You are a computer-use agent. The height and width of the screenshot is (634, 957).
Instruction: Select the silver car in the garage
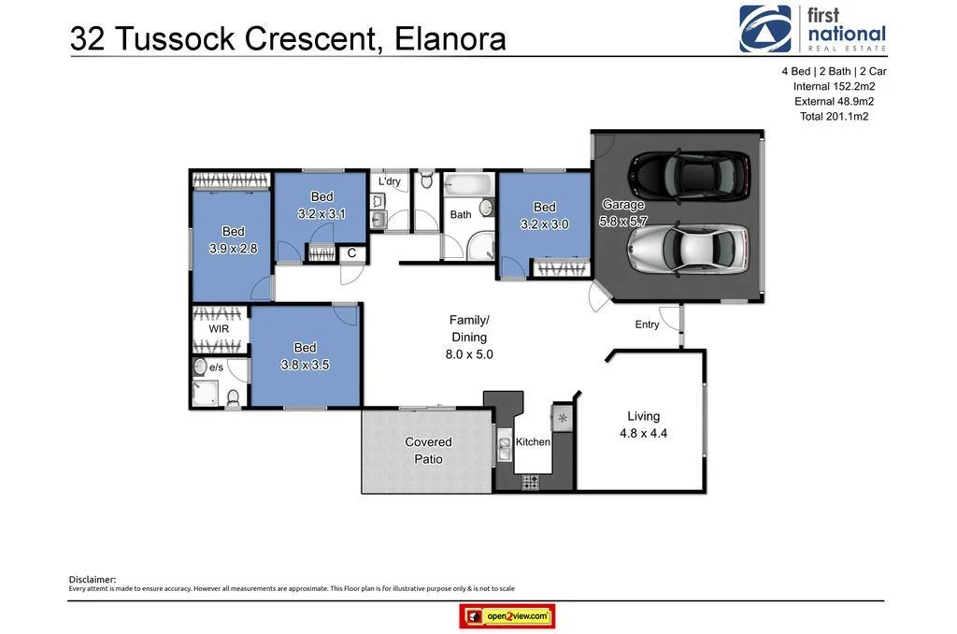click(688, 249)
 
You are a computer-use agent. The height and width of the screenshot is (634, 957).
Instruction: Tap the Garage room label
click(623, 205)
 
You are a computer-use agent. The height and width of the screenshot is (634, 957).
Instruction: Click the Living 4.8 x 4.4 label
click(643, 425)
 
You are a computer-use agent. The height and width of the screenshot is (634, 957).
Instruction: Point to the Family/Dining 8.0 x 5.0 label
click(469, 338)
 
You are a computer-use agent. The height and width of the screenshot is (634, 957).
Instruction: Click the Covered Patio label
click(428, 450)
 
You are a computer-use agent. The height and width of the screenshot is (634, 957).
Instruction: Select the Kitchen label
click(534, 441)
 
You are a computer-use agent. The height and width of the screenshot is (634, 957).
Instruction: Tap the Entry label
click(647, 324)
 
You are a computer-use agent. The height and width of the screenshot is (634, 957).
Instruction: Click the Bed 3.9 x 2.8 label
click(233, 239)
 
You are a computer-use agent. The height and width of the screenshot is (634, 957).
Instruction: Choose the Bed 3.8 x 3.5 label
click(305, 356)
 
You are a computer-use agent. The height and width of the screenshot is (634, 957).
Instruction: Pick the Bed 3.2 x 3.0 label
click(544, 215)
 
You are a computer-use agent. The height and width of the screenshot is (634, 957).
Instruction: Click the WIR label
click(219, 329)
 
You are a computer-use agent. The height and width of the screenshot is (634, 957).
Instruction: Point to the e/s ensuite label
click(216, 367)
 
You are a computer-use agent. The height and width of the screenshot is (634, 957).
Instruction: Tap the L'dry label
click(391, 180)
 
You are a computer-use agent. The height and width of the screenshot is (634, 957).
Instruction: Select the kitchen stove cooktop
click(530, 483)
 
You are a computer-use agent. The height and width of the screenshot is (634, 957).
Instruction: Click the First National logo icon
click(764, 29)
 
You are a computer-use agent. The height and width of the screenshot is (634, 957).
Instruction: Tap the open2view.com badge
click(507, 616)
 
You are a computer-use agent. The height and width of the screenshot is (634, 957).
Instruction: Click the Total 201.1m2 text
click(834, 116)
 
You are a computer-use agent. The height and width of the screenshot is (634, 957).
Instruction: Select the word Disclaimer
click(93, 579)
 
